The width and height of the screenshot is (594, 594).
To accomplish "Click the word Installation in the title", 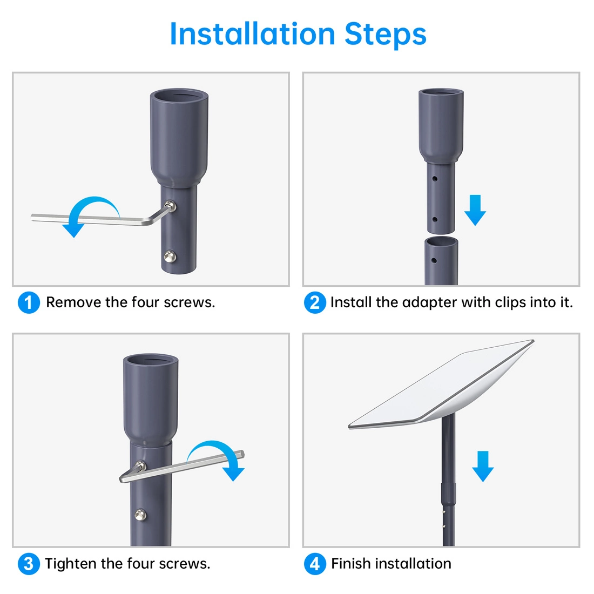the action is (x=253, y=34).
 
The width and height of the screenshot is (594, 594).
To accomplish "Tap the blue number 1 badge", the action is (x=29, y=302).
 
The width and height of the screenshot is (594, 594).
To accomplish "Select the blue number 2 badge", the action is (x=315, y=302).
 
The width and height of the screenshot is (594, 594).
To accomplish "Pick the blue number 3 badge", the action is (x=29, y=564).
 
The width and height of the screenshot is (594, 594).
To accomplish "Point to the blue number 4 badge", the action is (x=315, y=564).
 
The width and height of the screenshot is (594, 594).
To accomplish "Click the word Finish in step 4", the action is (x=351, y=564).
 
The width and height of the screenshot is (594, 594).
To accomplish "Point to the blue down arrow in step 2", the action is (x=475, y=210).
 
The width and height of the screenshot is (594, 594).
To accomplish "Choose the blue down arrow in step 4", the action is (x=483, y=467).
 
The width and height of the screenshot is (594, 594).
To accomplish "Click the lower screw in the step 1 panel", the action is (x=170, y=256).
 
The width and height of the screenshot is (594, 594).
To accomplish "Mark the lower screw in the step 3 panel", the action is (x=140, y=515).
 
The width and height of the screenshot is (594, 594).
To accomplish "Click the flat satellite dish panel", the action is (x=441, y=384).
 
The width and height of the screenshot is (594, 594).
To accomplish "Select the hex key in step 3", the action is (x=182, y=467).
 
